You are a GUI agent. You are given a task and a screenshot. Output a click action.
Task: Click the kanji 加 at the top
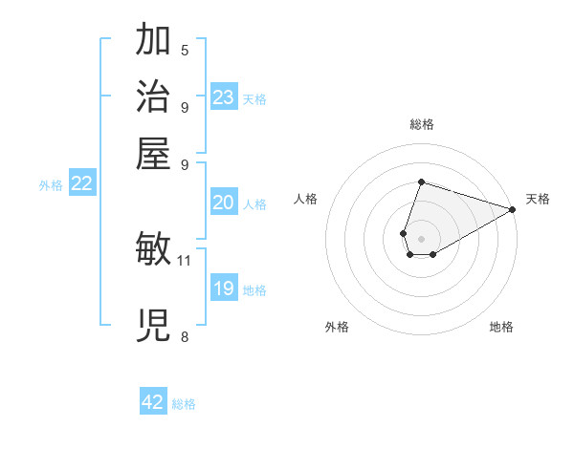tap(154, 41)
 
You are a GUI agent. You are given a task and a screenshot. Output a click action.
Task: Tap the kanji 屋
tap(154, 153)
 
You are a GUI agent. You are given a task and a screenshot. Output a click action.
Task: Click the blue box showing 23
tap(224, 97)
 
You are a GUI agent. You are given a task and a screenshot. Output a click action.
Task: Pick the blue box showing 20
tap(224, 203)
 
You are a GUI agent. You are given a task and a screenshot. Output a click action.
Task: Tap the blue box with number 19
tap(224, 289)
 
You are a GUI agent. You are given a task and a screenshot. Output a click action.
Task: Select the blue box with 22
tap(81, 184)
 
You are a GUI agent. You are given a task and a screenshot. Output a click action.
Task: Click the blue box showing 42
tap(153, 402)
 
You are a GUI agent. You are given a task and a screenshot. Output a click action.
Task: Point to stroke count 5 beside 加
tap(185, 51)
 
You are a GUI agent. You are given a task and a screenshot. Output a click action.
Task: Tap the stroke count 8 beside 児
tap(185, 335)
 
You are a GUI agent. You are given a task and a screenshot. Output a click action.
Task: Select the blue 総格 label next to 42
tap(184, 404)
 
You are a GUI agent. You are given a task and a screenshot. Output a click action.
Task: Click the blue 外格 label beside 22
tap(51, 186)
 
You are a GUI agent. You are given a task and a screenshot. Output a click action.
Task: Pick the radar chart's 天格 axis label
tap(538, 199)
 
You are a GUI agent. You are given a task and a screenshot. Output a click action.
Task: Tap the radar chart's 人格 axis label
tap(306, 199)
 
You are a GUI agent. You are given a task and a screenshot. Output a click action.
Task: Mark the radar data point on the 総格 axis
tap(421, 182)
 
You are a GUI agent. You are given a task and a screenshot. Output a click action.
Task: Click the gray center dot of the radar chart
tap(421, 237)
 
